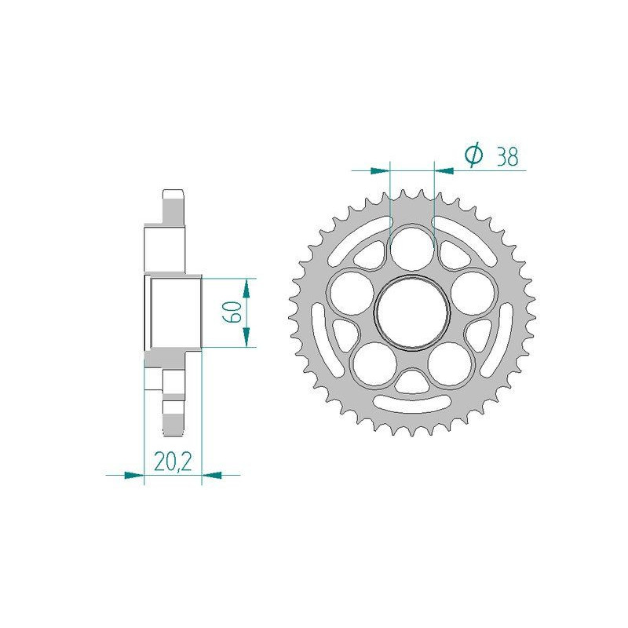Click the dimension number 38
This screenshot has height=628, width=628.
pos(507,157)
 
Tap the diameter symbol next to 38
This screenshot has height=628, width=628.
pos(473,156)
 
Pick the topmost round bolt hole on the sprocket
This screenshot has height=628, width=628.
pos(412,245)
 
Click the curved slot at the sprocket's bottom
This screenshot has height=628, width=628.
pos(412,406)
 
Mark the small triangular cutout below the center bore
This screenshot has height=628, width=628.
pos(412,382)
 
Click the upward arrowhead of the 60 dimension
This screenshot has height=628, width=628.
pos(247,287)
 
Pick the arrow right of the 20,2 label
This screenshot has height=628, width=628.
pos(213,474)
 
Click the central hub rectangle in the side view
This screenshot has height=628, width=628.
pos(173,312)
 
